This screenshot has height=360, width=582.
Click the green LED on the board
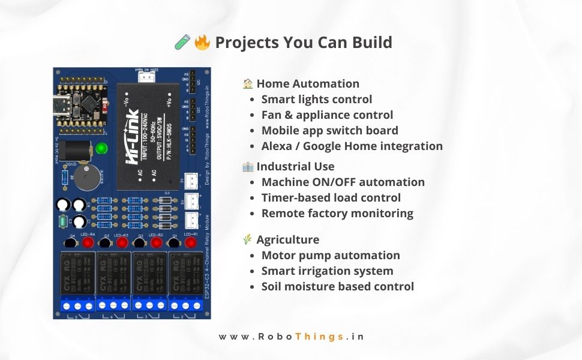(102, 148)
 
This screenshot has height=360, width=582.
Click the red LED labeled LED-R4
(88, 243)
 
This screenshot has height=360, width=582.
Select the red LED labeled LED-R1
(191, 243)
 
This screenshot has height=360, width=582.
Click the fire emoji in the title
(203, 43)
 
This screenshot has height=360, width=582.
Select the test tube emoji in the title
(182, 43)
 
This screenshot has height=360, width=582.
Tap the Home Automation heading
(308, 84)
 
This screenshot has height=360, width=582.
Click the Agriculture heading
(287, 240)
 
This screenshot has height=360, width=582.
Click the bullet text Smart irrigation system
(327, 271)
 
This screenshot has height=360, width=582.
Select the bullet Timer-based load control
(331, 198)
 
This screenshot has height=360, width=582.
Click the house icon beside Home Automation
(248, 84)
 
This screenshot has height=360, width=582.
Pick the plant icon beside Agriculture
(247, 240)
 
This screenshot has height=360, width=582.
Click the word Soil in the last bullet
(273, 287)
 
